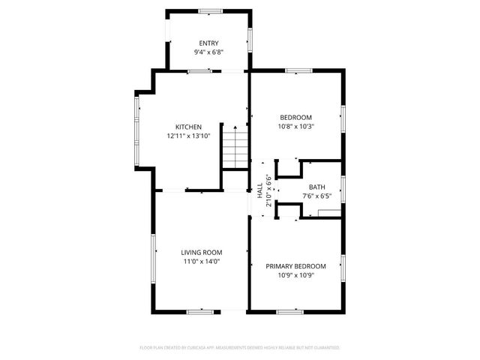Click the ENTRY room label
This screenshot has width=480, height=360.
pyautogui.click(x=209, y=43)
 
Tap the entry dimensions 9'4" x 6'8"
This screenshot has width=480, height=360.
pyautogui.click(x=209, y=52)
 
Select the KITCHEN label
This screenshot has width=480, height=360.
pyautogui.click(x=188, y=127)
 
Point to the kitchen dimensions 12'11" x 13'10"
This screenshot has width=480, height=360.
pyautogui.click(x=188, y=136)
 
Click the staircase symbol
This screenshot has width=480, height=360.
pyautogui.click(x=235, y=148)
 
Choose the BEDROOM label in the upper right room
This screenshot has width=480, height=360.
pyautogui.click(x=295, y=117)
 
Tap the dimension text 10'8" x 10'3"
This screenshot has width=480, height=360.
pyautogui.click(x=295, y=127)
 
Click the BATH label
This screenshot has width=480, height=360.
pyautogui.click(x=316, y=187)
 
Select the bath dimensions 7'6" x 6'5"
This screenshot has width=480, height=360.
pyautogui.click(x=316, y=196)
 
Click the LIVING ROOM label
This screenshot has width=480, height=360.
pyautogui.click(x=202, y=253)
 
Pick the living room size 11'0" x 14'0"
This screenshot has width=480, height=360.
pyautogui.click(x=202, y=262)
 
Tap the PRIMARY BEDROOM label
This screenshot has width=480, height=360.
pyautogui.click(x=295, y=266)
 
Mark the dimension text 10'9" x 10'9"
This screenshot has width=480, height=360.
pyautogui.click(x=295, y=275)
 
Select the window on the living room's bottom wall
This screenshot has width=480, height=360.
pyautogui.click(x=200, y=311)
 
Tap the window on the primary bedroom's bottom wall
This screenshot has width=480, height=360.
pyautogui.click(x=289, y=311)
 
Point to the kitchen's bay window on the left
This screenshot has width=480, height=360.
pyautogui.click(x=137, y=131)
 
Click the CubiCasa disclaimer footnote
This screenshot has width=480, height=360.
pyautogui.click(x=240, y=348)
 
